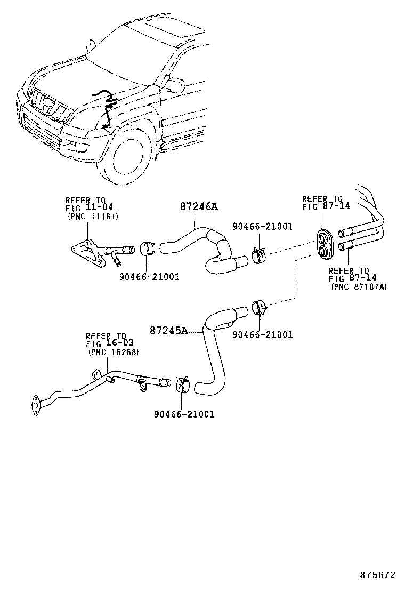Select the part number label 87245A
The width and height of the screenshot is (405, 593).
pyautogui.click(x=168, y=331)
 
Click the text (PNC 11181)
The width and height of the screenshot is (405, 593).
pyautogui.click(x=93, y=217)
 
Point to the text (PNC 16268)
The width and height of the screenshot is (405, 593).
pyautogui.click(x=114, y=353)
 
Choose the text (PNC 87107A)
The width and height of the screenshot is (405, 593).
pyautogui.click(x=359, y=286)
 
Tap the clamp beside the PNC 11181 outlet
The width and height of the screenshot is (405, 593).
pyautogui.click(x=147, y=249)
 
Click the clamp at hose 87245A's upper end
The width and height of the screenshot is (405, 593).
pyautogui.click(x=260, y=308)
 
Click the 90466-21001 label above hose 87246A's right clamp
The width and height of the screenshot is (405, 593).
pyautogui.click(x=262, y=227)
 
